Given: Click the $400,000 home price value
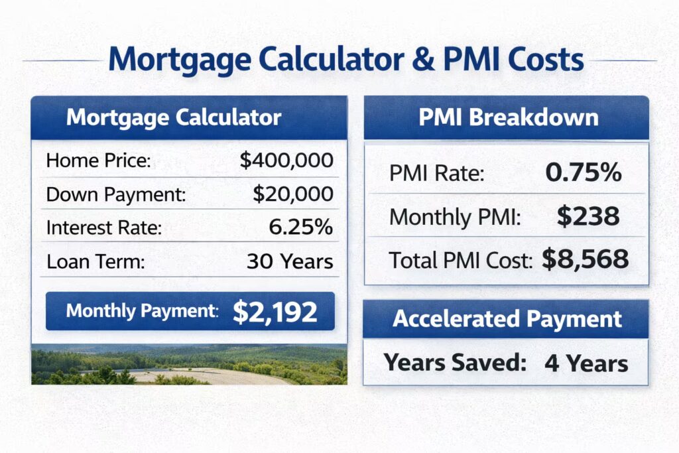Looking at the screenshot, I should tap(286, 161).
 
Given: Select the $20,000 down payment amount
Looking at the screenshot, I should tap(292, 194).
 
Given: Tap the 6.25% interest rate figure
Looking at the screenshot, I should tap(300, 227).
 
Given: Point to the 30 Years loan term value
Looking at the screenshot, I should tap(290, 261).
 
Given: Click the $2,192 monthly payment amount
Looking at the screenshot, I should tap(275, 312).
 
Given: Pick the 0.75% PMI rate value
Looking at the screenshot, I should tap(584, 174).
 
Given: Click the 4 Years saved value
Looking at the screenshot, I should tap(586, 363).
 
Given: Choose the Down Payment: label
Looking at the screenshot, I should tap(116, 194).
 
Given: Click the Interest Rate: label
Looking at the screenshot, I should tap(104, 227).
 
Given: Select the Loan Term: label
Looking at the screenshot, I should tap(95, 261).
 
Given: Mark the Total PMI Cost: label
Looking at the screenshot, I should tap(462, 261).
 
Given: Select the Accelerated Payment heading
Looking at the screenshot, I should tap(507, 319).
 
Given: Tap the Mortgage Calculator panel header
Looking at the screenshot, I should tap(174, 118).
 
